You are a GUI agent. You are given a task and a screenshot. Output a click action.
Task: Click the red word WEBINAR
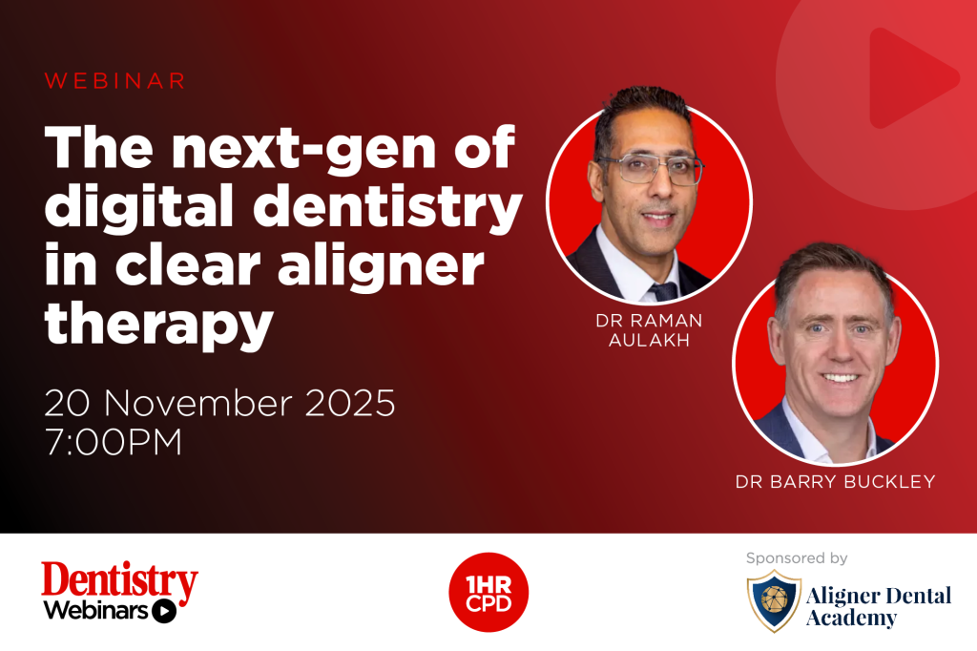[x=114, y=82]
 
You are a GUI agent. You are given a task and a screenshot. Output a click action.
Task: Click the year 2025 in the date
[x=343, y=404]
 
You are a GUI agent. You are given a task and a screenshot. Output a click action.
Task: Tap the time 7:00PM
[x=113, y=443]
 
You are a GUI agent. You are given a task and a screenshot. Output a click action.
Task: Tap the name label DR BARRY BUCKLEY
[x=835, y=482]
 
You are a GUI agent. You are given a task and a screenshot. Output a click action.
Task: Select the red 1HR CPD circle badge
[x=488, y=592]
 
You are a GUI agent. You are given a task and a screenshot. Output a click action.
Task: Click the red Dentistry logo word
[x=119, y=580]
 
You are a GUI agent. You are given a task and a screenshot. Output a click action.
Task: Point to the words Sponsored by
[x=797, y=557]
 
